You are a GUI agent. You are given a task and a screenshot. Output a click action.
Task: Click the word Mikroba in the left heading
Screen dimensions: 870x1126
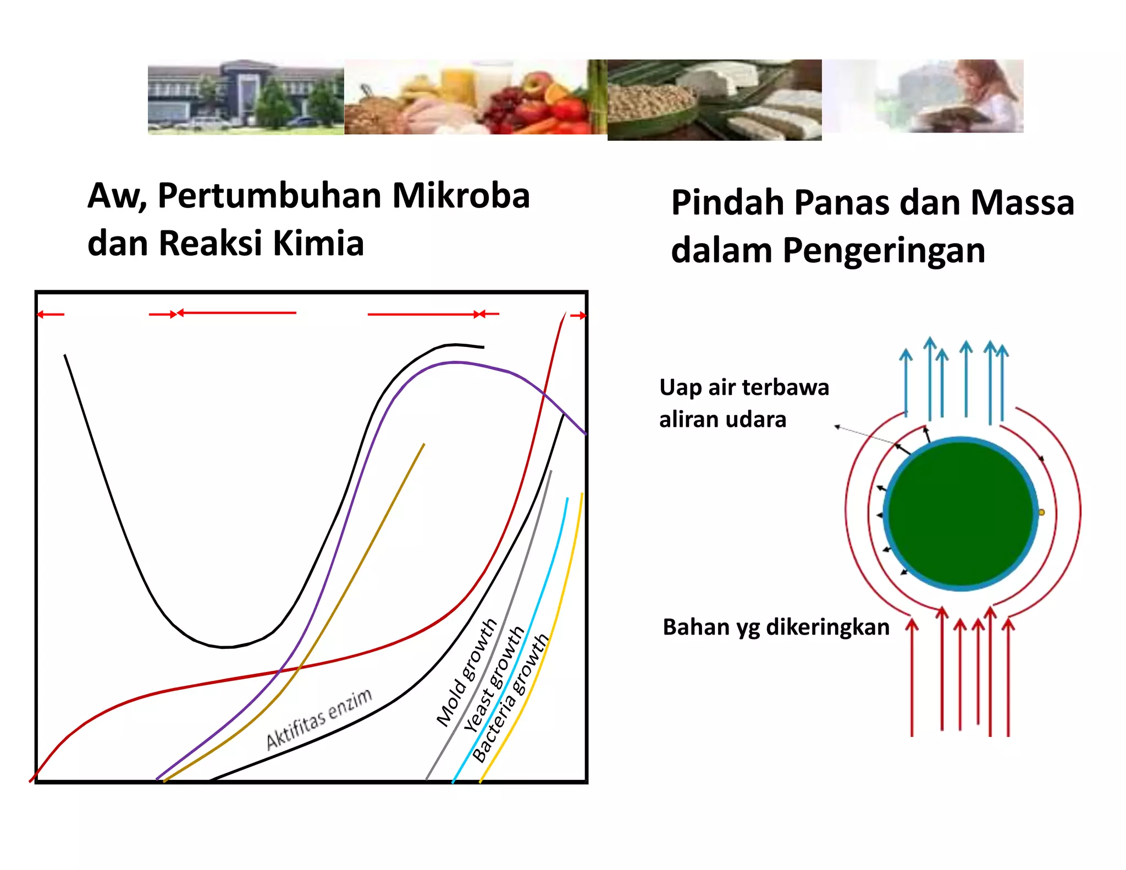461,195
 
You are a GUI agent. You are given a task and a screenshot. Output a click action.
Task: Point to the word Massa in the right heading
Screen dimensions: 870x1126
1022,202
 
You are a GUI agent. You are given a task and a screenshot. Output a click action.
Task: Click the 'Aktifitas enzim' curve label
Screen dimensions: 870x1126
319,719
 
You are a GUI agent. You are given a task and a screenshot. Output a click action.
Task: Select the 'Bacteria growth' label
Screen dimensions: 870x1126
510,698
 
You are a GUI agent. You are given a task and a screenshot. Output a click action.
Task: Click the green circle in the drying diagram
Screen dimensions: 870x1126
961,514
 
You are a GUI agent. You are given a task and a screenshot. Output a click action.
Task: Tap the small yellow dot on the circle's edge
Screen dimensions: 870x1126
1041,513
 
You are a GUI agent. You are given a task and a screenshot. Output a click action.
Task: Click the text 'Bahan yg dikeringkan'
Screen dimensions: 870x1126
776,627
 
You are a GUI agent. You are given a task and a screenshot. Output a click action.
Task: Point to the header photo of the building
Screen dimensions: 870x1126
246,97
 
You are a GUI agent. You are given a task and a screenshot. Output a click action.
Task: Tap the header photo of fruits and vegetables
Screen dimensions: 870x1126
476,97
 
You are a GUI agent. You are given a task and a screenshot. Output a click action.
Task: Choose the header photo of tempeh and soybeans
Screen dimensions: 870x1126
714,100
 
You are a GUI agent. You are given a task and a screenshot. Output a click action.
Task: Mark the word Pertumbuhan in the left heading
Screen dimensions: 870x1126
269,195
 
